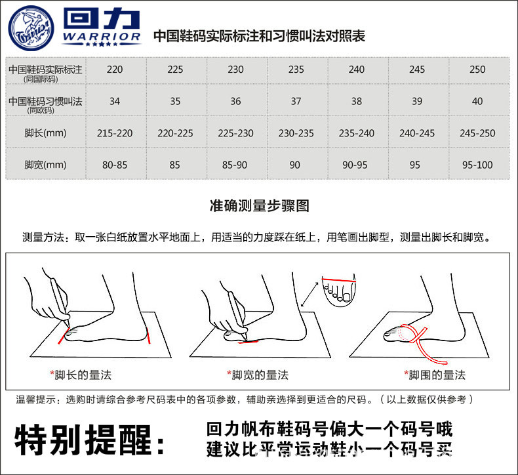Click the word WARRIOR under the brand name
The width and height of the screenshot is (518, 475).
tap(102, 37)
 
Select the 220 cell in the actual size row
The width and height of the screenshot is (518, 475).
tap(115, 70)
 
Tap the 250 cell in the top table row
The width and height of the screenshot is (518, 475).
tap(477, 70)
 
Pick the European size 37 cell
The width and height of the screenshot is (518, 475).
tap(296, 101)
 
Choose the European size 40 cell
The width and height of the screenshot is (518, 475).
tap(477, 101)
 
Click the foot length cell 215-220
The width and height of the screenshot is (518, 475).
tap(115, 133)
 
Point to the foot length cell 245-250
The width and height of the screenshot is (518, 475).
tap(477, 133)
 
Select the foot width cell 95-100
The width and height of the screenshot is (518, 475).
tap(477, 165)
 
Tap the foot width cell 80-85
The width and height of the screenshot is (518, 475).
tap(115, 165)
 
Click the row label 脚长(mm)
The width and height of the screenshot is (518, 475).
tap(45, 133)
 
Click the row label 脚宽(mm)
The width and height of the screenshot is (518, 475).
tap(45, 165)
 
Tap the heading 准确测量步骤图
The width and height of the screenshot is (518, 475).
tap(259, 206)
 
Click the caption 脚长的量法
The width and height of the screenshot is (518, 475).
tap(83, 375)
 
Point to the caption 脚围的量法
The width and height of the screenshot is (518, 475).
tap(436, 375)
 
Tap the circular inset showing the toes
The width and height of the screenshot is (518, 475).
tap(338, 289)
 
